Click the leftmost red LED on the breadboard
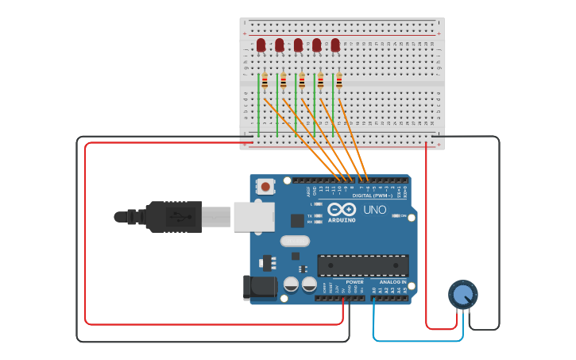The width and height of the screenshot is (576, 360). point(261,45)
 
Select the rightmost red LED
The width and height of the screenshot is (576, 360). point(335,45)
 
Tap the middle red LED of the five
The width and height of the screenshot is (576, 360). point(298,45)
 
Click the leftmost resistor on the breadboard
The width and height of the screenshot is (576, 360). point(265,81)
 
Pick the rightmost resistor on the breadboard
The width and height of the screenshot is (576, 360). point(339,81)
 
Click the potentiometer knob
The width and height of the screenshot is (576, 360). point(463,295)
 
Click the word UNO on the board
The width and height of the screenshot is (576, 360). point(374,210)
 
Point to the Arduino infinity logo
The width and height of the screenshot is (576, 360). point(342,209)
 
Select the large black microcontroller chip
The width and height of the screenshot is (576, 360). point(363,265)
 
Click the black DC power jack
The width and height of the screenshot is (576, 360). point(258,288)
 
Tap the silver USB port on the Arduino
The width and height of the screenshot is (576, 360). point(253,216)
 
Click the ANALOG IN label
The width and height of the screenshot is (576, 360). point(392,282)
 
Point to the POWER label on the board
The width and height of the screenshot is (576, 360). point(354,282)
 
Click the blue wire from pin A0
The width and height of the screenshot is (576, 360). point(417,341)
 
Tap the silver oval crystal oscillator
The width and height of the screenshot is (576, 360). point(295,240)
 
